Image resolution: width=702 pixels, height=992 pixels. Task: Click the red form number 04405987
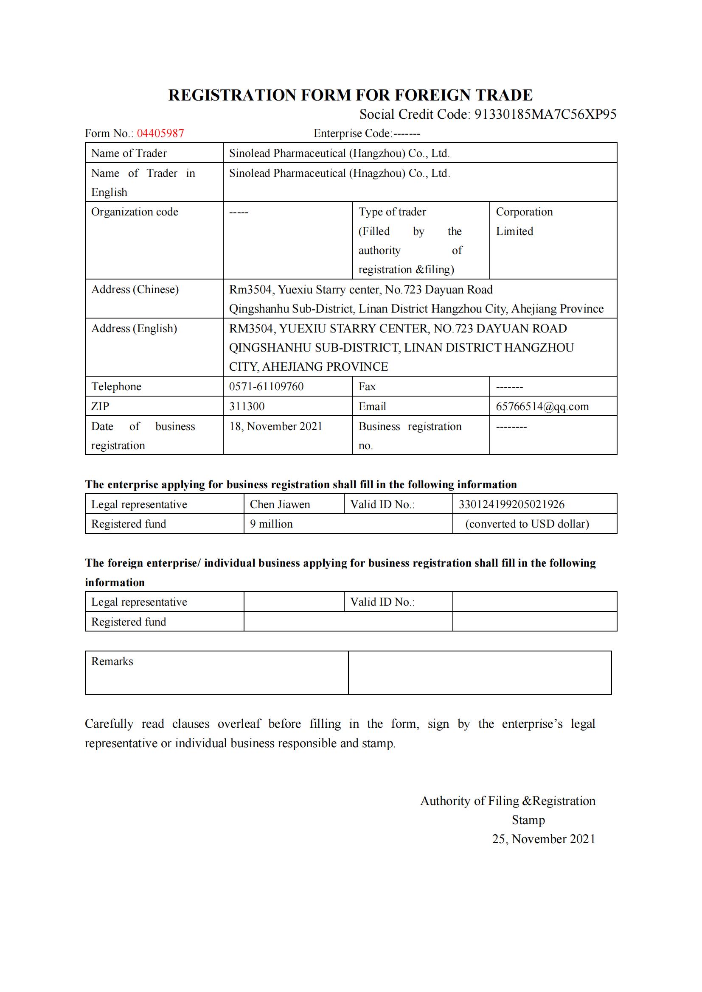[160, 134]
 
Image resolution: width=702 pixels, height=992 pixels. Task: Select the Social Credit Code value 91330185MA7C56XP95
[545, 115]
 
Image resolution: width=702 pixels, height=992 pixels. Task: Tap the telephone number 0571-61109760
[266, 387]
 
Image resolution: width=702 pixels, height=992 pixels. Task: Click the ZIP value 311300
[247, 407]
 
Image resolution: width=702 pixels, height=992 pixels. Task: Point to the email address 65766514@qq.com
[542, 407]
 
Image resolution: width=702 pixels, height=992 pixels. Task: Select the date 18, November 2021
[276, 426]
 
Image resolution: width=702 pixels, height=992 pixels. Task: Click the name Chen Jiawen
[280, 504]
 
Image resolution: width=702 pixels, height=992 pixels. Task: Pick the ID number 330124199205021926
[511, 504]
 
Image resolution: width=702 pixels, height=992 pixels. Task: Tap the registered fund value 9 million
[271, 524]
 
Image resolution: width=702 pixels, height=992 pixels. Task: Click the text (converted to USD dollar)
[527, 524]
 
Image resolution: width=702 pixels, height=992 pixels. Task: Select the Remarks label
[112, 662]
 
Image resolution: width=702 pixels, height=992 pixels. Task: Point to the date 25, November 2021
[543, 839]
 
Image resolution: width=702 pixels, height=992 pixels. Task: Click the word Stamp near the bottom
[528, 820]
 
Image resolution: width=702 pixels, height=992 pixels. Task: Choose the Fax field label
[367, 387]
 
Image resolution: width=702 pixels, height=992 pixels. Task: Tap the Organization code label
[135, 212]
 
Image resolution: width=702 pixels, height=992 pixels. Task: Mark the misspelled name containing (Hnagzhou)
[340, 174]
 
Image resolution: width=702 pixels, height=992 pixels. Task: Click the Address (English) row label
[134, 329]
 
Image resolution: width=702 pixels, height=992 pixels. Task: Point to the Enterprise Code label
[352, 134]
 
